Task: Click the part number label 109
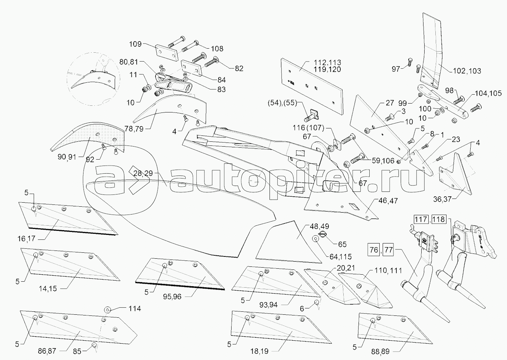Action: tap(135, 44)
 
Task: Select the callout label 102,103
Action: tap(467, 71)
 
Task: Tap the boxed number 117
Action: tap(421, 219)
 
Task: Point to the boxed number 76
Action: tap(374, 250)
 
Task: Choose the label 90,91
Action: tap(67, 157)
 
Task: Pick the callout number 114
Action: tap(135, 308)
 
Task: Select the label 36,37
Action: tap(442, 199)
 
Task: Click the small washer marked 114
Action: tap(107, 309)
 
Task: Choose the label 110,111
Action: tap(388, 271)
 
